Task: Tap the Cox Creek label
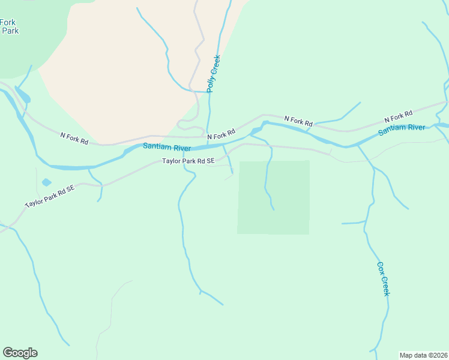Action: click(383, 278)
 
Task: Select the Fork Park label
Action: click(9, 26)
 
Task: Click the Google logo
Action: click(20, 353)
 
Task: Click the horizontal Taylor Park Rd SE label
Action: click(188, 161)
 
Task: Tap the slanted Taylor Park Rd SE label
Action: click(50, 196)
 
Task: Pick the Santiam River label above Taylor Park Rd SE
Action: click(167, 148)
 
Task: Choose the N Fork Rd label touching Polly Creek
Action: click(220, 136)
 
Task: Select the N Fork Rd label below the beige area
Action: click(74, 139)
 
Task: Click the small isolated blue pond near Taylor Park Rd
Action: click(46, 182)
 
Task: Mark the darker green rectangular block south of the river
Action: click(274, 197)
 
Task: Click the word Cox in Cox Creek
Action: click(381, 268)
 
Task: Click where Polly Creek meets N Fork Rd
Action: click(209, 134)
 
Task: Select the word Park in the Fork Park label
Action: click(11, 31)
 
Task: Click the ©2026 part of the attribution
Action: click(436, 355)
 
